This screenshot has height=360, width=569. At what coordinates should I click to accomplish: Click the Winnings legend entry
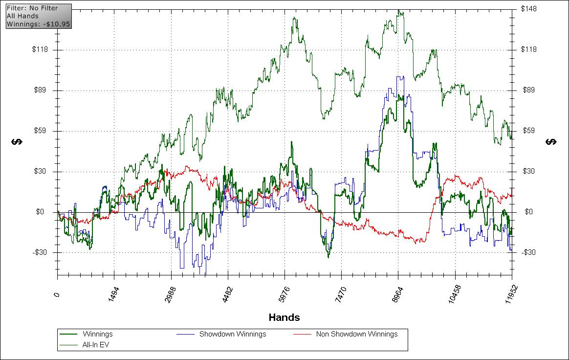pyautogui.click(x=97, y=334)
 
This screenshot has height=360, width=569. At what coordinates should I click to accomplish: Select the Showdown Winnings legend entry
pyautogui.click(x=232, y=334)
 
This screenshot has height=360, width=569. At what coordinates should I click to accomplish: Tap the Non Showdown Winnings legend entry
pyautogui.click(x=356, y=334)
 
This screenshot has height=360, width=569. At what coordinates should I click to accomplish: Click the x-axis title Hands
pyautogui.click(x=284, y=317)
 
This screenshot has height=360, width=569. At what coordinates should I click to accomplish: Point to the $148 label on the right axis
pyautogui.click(x=529, y=9)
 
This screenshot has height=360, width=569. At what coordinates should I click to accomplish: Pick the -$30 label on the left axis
pyautogui.click(x=40, y=252)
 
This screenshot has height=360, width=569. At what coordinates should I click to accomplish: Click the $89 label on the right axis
pyautogui.click(x=527, y=90)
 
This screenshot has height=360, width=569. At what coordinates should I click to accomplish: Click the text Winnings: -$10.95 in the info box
pyautogui.click(x=38, y=23)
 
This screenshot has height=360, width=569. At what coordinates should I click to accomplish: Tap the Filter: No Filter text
pyautogui.click(x=32, y=8)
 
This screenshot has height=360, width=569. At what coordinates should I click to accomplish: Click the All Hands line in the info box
pyautogui.click(x=22, y=16)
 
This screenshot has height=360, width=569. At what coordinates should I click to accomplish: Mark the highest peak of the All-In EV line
pyautogui.click(x=399, y=10)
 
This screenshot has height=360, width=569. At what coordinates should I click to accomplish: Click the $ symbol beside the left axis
pyautogui.click(x=17, y=142)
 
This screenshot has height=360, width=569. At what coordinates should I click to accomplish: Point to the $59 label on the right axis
pyautogui.click(x=527, y=131)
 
